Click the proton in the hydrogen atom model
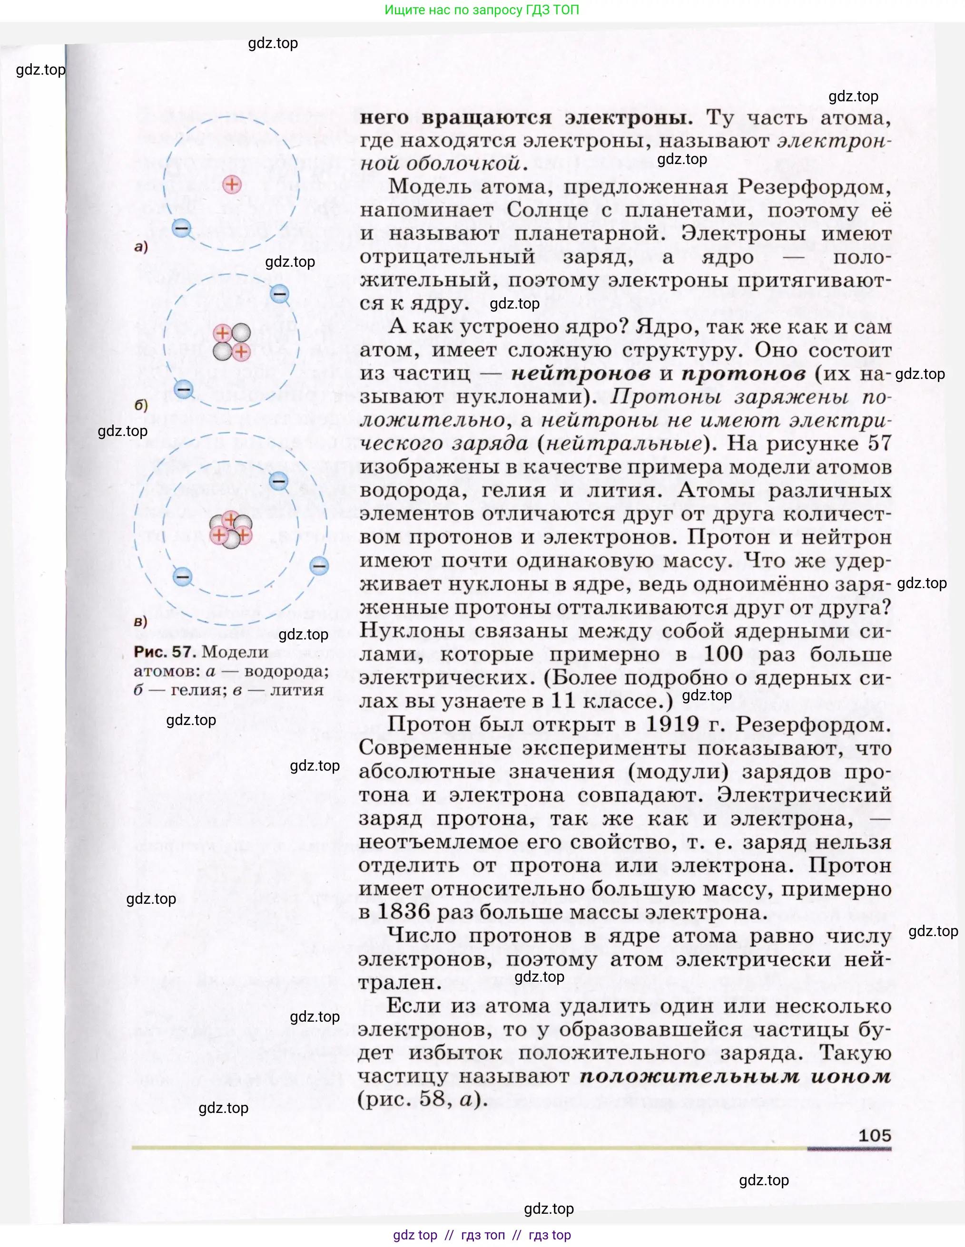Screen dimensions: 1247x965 click(232, 184)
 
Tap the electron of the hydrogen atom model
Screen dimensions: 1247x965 click(182, 228)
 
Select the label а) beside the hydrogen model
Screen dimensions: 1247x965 click(140, 247)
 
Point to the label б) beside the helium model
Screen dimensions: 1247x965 click(140, 405)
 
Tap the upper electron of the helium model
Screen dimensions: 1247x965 click(279, 294)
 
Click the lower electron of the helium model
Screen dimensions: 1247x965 click(183, 389)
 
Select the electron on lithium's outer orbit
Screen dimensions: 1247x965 click(319, 566)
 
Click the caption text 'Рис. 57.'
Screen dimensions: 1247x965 click(165, 651)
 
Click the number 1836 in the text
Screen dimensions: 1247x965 click(404, 911)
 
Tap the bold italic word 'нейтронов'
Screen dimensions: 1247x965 click(581, 373)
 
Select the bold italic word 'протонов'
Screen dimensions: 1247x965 click(743, 373)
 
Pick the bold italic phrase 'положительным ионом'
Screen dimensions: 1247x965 click(735, 1076)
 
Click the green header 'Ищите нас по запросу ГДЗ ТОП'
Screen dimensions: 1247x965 click(482, 10)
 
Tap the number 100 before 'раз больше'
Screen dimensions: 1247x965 click(723, 654)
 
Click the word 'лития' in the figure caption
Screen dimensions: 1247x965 click(296, 690)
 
